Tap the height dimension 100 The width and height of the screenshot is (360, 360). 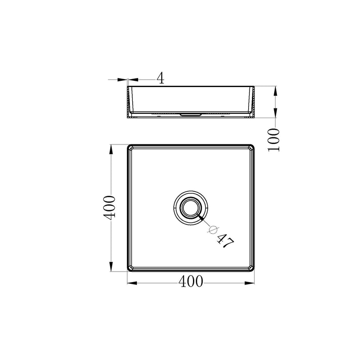[x=274, y=140]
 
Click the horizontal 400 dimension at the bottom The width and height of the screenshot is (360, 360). [x=190, y=282]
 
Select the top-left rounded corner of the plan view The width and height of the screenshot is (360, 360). [x=129, y=147]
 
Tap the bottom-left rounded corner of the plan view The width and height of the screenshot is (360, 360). [x=129, y=269]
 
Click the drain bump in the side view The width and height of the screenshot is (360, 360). [x=191, y=114]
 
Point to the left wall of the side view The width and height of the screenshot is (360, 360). [x=129, y=101]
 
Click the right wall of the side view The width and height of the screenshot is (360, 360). [x=253, y=101]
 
